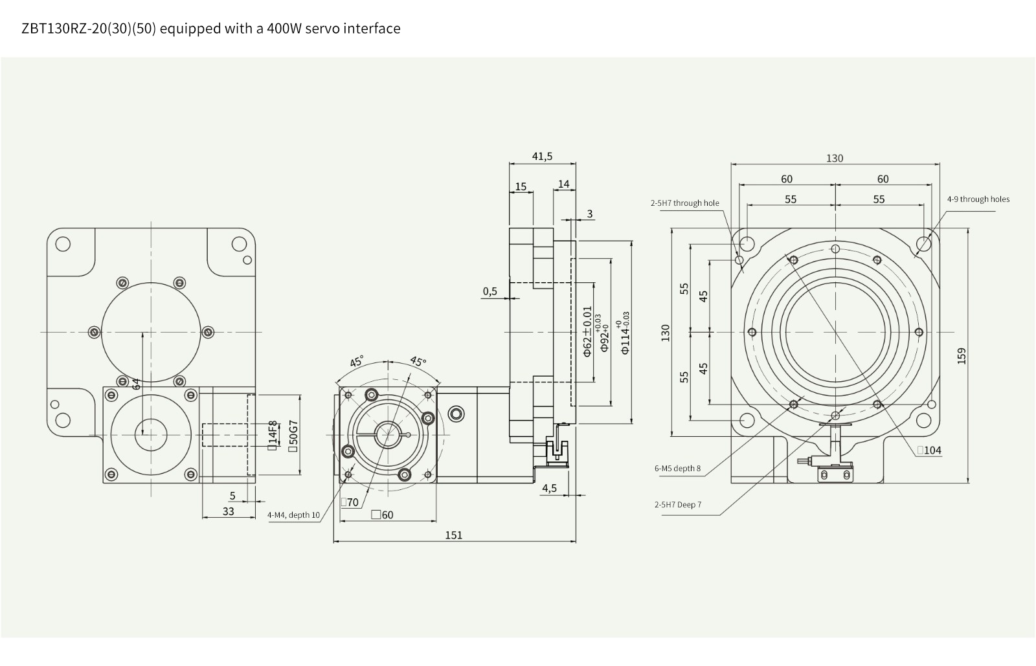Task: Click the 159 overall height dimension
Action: point(961,356)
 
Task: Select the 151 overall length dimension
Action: point(454,535)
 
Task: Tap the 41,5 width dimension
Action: point(542,156)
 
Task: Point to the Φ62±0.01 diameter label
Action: point(587,331)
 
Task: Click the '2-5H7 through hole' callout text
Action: point(684,203)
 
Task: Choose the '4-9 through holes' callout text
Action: point(978,199)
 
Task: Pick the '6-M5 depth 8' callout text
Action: point(677,469)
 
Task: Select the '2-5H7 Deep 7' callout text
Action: point(677,505)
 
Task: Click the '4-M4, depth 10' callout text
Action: point(293,515)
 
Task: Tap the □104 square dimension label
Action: point(929,450)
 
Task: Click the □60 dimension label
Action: point(382,515)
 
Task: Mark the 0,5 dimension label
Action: point(490,291)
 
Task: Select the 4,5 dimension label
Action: point(549,488)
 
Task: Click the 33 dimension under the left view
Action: point(228,511)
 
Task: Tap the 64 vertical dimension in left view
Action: point(136,383)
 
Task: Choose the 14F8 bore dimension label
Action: point(273,435)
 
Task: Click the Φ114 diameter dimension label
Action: point(625,333)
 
